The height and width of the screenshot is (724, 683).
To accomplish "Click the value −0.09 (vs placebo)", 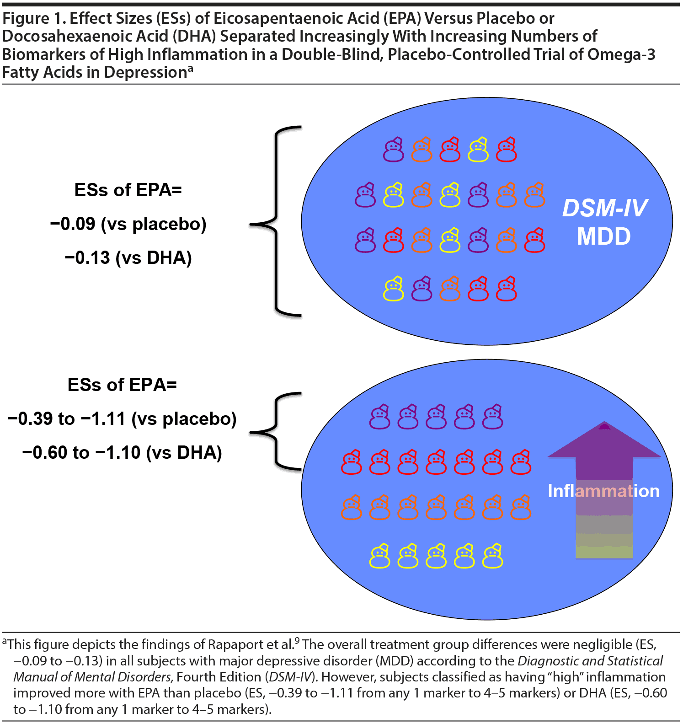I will coord(128,224).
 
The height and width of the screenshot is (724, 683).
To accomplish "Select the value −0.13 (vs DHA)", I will coord(128,258).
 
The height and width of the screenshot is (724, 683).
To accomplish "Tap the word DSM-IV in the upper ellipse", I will coord(604,209).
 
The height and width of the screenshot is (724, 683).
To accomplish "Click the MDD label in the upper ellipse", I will coord(603,236).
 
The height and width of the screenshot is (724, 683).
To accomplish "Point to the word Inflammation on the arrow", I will coord(603,491).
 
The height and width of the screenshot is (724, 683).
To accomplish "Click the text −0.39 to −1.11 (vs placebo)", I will coord(122,419).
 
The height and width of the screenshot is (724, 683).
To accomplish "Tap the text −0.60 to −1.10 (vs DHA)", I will coord(122,453).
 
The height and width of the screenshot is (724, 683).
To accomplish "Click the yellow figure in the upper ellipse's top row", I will coord(478,150).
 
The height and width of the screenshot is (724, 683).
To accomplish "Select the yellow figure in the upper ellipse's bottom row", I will coord(393,289).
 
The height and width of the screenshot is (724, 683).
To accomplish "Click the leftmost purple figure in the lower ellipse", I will coord(379,417).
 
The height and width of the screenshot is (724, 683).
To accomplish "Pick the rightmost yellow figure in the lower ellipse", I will coord(492,556).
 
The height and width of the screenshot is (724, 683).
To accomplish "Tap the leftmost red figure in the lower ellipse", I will coord(351,462).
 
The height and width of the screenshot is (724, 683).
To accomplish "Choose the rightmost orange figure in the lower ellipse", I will coord(521,508).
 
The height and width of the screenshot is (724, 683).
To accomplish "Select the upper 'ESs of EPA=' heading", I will coord(128,190).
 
